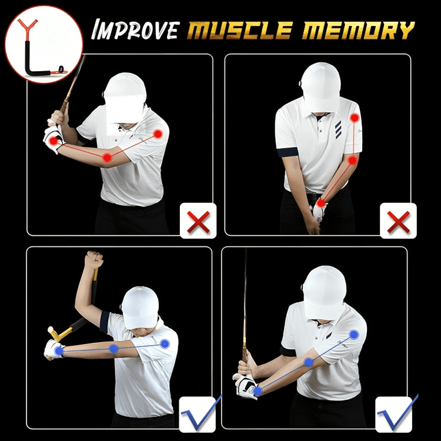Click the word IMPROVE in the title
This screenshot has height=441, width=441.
tap(136, 29)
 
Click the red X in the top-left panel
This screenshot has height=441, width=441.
tap(198, 222)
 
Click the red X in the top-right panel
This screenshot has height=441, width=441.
tap(398, 222)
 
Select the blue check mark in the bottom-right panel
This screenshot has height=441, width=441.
tap(397, 413)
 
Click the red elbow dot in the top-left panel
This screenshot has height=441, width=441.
tap(107, 158)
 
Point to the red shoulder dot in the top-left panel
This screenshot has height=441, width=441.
tap(158, 134)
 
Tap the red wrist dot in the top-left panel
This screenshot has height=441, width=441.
tap(53, 141)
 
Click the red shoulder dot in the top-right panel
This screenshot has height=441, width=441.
tap(355, 118)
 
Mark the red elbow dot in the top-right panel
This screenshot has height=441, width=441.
tap(352, 161)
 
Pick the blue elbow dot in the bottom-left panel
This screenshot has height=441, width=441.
tap(113, 349)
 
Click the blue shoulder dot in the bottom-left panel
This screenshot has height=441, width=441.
tap(165, 344)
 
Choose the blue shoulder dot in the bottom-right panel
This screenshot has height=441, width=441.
tap(354, 335)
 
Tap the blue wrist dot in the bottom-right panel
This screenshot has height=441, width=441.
tap(258, 390)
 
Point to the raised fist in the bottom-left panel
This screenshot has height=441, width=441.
tap(95, 260)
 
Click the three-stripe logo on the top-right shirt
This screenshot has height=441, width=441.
tap(338, 130)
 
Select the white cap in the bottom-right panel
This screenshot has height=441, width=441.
tap(325, 292)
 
